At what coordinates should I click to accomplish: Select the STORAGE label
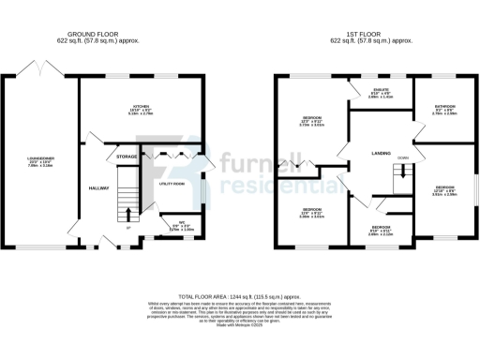(x=127, y=156)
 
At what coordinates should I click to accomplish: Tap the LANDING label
(x=381, y=153)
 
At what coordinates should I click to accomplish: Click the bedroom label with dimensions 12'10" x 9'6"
(x=442, y=175)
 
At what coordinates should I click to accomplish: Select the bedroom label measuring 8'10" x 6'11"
(x=381, y=228)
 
